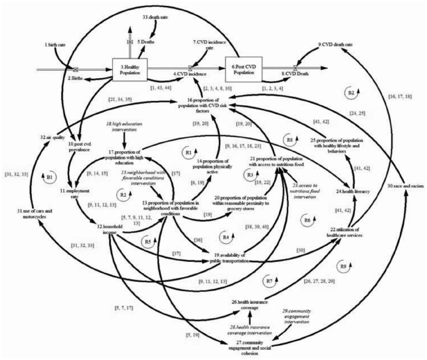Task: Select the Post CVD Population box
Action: (x=244, y=69)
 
